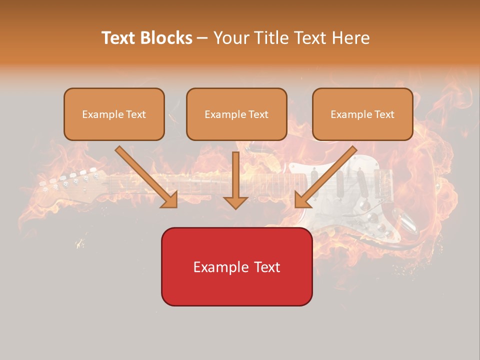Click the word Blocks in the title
(x=166, y=38)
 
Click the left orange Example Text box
(x=114, y=114)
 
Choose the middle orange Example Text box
(x=236, y=114)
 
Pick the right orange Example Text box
(x=362, y=114)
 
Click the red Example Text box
(x=236, y=266)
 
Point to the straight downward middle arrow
(x=235, y=180)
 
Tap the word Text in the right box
(x=384, y=114)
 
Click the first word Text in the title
(x=118, y=38)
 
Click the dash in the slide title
(x=202, y=38)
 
